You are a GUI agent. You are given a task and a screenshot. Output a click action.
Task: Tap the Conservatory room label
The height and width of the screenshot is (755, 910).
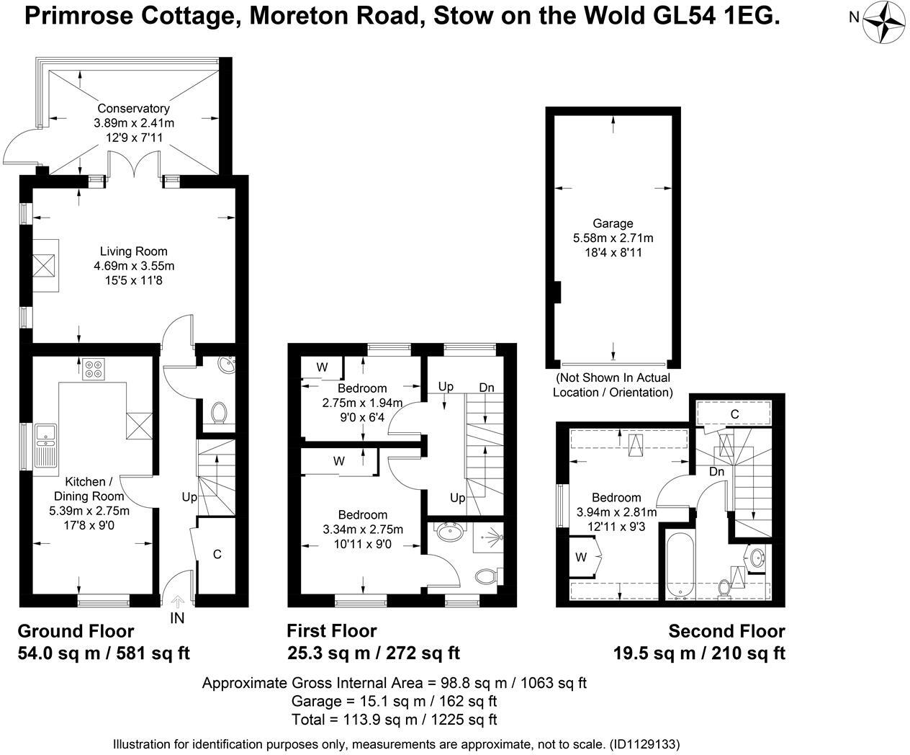point(134,108)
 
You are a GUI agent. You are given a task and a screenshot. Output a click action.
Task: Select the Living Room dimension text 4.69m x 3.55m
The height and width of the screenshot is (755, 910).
point(134,266)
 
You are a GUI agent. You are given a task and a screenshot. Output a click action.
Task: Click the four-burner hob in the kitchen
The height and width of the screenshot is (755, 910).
point(94,369)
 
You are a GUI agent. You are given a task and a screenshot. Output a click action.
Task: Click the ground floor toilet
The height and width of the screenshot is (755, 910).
point(220,413)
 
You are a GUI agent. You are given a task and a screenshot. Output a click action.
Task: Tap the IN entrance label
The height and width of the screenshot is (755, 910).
point(177,617)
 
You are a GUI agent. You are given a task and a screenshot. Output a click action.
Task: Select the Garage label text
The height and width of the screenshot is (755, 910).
point(613,223)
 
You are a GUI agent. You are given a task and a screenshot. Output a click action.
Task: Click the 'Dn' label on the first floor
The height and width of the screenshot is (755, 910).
point(487,388)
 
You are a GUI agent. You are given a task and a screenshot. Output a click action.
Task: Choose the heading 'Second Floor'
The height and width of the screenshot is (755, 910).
point(726,631)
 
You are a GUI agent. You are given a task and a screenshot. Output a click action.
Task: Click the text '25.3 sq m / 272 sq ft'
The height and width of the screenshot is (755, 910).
point(373,653)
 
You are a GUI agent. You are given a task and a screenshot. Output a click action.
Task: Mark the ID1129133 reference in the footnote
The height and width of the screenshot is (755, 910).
point(644,743)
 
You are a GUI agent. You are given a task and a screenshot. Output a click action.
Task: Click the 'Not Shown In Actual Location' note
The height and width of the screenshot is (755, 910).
point(613,385)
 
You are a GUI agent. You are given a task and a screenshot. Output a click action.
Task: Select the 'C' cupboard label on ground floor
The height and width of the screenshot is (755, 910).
point(217,554)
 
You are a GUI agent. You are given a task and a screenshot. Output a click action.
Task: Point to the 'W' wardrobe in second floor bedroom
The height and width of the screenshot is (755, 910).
point(581,557)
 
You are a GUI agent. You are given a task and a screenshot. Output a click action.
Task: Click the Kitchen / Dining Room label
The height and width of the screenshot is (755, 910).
point(89,488)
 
